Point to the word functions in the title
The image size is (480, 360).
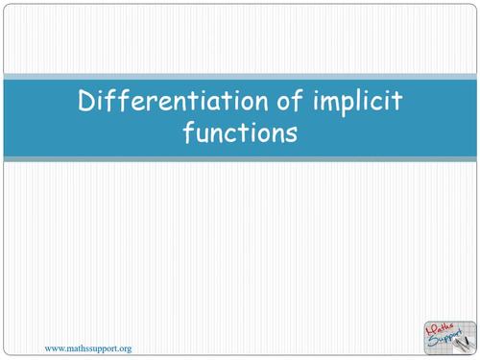click(x=240, y=132)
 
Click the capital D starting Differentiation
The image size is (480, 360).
click(x=86, y=102)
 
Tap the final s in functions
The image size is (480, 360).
click(x=291, y=133)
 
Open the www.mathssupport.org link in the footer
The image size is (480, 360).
click(x=89, y=347)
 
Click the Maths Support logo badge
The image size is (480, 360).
click(x=448, y=337)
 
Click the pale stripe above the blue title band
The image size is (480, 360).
click(x=240, y=76)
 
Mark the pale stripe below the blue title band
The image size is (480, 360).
click(x=240, y=159)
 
